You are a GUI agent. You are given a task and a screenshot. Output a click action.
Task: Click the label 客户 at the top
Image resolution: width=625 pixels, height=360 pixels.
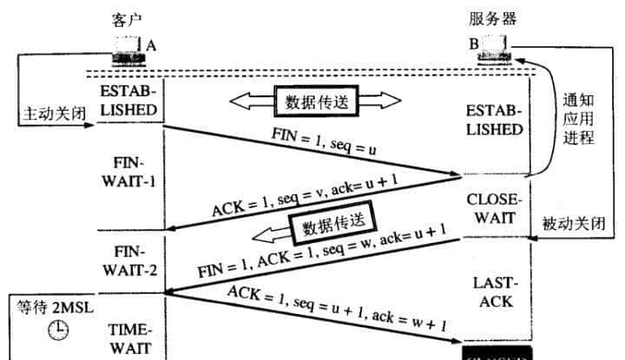point(127,18)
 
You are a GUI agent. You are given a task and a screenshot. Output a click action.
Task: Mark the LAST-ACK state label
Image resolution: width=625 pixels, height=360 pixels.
point(493,291)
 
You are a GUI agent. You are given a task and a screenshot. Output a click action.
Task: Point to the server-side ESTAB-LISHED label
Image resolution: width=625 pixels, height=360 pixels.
point(494,121)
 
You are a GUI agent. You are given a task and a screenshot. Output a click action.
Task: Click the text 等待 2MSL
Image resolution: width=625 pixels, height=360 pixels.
point(53,307)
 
